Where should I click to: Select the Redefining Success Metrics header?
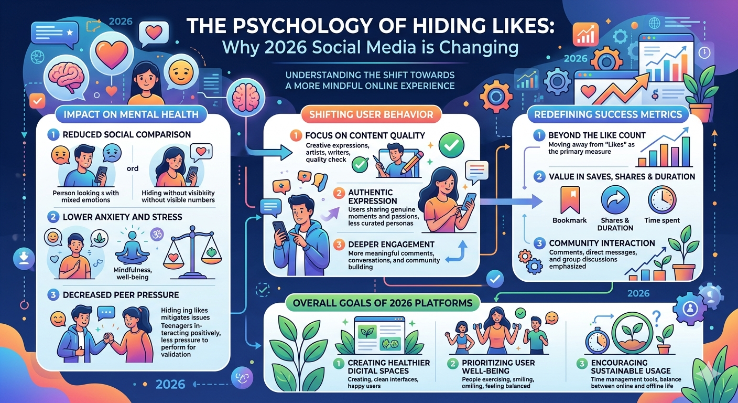(608, 114)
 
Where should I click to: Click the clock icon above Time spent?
(662, 200)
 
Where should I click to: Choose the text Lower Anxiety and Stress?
(122, 217)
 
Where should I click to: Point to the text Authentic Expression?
(373, 196)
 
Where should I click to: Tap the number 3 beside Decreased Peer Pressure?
(53, 294)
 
